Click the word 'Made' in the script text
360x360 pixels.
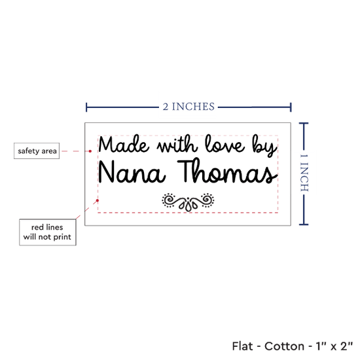pos(124,144)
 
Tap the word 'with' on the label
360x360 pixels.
pos(177,144)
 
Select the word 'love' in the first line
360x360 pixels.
pos(225,144)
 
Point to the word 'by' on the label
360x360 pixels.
pos(264,146)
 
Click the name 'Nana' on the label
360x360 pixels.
pos(132,171)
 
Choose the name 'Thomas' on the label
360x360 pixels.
pos(227,171)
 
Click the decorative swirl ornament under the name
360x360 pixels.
pos(188,202)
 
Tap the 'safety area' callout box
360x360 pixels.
pos(37,151)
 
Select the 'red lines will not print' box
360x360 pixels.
pos(48,232)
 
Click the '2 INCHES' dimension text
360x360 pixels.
pos(189,107)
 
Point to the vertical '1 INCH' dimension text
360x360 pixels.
pos(304,173)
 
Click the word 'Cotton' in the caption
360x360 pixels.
pos(285,346)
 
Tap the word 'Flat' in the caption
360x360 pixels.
pos(242,346)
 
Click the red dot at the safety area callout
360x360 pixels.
pos(90,151)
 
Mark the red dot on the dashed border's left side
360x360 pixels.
pos(98,201)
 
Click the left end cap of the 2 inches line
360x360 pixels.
pos(86,107)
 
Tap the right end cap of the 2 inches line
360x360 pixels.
pos(291,107)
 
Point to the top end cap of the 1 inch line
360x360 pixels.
pos(304,124)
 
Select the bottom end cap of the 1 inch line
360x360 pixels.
pos(304,225)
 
